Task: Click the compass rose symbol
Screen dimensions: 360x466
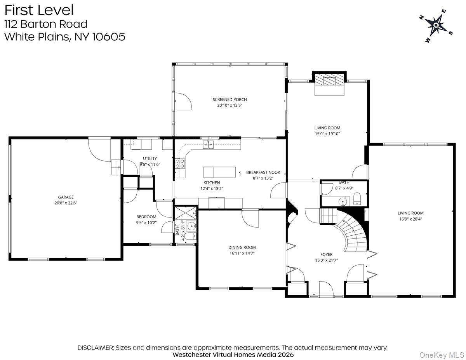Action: [x=436, y=26]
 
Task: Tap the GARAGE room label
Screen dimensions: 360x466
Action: [x=66, y=197]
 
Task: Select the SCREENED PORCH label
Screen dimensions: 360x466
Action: [x=230, y=99]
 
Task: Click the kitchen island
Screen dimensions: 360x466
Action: [x=219, y=172]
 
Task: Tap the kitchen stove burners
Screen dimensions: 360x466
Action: [x=180, y=163]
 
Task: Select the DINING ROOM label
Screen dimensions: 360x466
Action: [x=242, y=247]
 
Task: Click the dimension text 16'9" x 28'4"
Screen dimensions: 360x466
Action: [x=410, y=219]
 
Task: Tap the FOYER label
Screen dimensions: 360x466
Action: [x=326, y=255]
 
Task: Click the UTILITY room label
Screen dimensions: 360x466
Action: [x=150, y=158]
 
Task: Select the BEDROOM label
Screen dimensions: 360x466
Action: [x=146, y=217]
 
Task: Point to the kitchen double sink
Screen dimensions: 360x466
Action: [x=209, y=145]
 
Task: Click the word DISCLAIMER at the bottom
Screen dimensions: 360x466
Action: [x=95, y=348]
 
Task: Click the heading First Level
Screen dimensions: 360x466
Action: [x=38, y=10]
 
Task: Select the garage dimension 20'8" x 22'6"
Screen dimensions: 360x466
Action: [x=66, y=203]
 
